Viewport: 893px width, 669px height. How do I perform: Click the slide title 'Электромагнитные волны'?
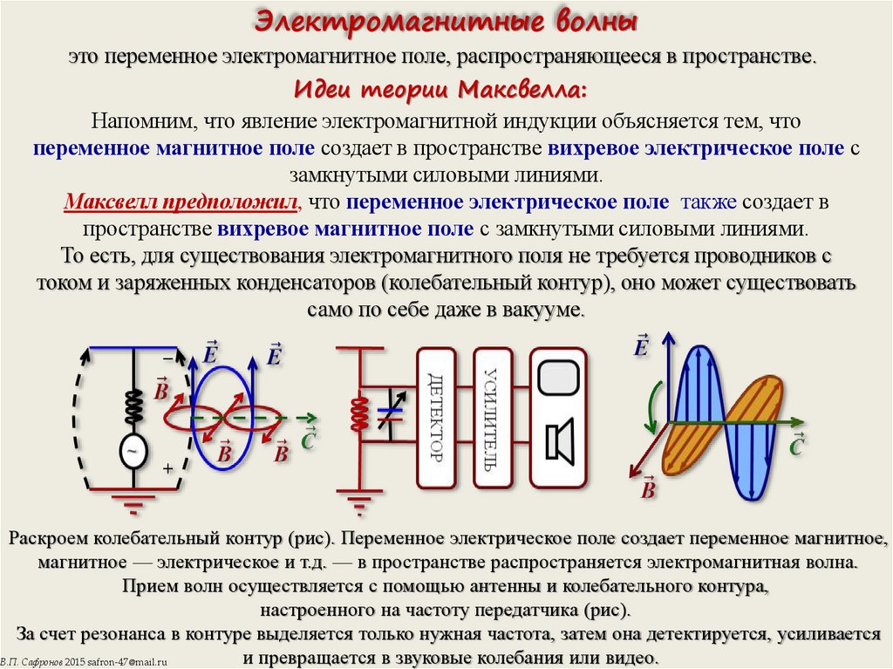click(446, 20)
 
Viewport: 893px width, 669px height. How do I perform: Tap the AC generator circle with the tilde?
click(133, 451)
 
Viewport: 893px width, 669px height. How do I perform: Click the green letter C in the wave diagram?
click(795, 448)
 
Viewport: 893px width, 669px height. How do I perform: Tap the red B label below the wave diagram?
click(647, 489)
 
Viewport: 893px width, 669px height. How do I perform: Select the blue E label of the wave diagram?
click(643, 345)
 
